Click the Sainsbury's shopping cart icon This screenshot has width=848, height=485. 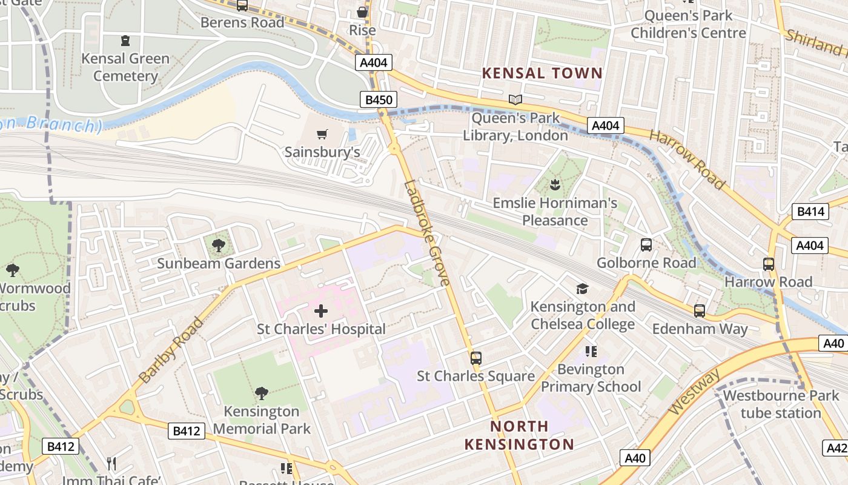322,134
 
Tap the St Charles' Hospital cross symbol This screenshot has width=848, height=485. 321,312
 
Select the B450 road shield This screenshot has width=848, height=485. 379,99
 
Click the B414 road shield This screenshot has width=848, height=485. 810,212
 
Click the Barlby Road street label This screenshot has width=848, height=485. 171,350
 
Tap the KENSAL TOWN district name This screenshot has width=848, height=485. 542,73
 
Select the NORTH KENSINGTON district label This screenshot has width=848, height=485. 519,435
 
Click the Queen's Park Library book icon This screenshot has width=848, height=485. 515,99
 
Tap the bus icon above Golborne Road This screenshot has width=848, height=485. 646,245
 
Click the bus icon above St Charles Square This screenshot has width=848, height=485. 476,358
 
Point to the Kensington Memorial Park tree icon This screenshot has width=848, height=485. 262,393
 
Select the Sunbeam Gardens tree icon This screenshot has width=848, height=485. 218,246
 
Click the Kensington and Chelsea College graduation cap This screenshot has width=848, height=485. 582,289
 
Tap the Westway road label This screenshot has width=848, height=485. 695,392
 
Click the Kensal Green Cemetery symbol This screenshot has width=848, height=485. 125,41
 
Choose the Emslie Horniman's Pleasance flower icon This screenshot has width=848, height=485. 555,184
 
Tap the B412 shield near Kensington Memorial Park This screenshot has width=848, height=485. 186,431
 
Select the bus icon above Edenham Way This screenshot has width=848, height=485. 700,310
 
